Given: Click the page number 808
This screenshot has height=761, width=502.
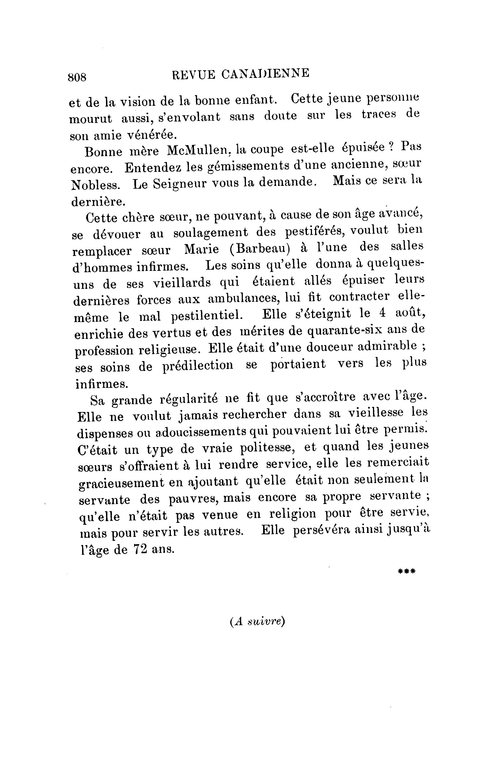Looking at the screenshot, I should click(x=77, y=77).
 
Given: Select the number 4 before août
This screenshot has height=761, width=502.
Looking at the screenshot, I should click(x=381, y=313).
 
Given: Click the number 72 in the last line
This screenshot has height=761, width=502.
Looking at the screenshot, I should click(x=140, y=549).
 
